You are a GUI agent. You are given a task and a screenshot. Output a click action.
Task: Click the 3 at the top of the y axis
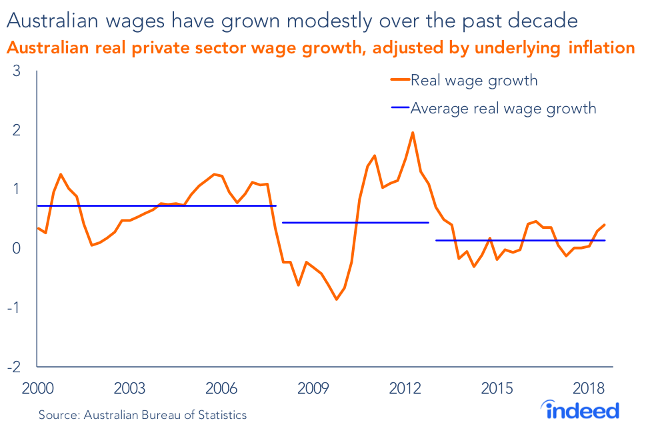click(17, 71)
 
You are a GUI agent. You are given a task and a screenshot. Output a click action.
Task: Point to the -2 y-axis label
click(14, 367)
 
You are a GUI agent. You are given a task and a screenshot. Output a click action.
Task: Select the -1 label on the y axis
click(14, 308)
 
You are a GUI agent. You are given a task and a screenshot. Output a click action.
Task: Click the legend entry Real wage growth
click(473, 81)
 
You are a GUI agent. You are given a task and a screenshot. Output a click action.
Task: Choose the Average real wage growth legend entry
click(503, 108)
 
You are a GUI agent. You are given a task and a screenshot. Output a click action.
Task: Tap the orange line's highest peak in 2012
click(413, 132)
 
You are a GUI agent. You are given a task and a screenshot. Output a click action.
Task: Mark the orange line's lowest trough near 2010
click(336, 300)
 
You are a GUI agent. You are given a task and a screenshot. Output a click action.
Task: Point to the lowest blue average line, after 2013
click(520, 240)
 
